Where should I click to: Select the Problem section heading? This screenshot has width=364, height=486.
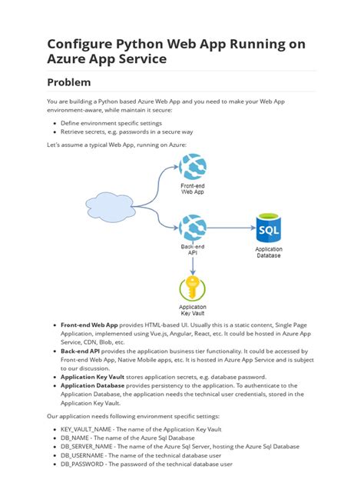point(79,82)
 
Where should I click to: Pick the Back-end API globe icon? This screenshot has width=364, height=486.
point(192,228)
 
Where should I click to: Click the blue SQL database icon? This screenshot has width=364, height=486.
point(268,228)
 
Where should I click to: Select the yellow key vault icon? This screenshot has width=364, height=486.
point(192,289)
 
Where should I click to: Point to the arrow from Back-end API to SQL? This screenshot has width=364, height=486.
point(230,228)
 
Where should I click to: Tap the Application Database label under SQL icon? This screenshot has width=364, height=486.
point(268,253)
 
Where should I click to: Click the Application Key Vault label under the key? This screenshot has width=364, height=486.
point(192,311)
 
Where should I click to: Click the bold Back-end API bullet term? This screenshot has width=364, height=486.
point(81,350)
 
